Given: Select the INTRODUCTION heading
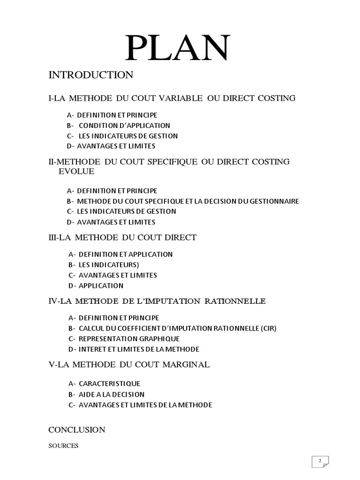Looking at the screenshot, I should pos(91,75).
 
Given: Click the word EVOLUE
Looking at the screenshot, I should pos(76,172).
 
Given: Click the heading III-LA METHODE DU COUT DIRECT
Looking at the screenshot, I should pos(123,238).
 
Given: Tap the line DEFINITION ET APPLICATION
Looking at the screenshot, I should pos(126,255).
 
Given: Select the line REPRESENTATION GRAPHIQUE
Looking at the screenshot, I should pos(129,338).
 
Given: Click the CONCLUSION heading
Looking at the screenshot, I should pos(77,430).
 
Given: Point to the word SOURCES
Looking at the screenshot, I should pos(63,446).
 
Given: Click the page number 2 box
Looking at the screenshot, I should pos(321,461).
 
